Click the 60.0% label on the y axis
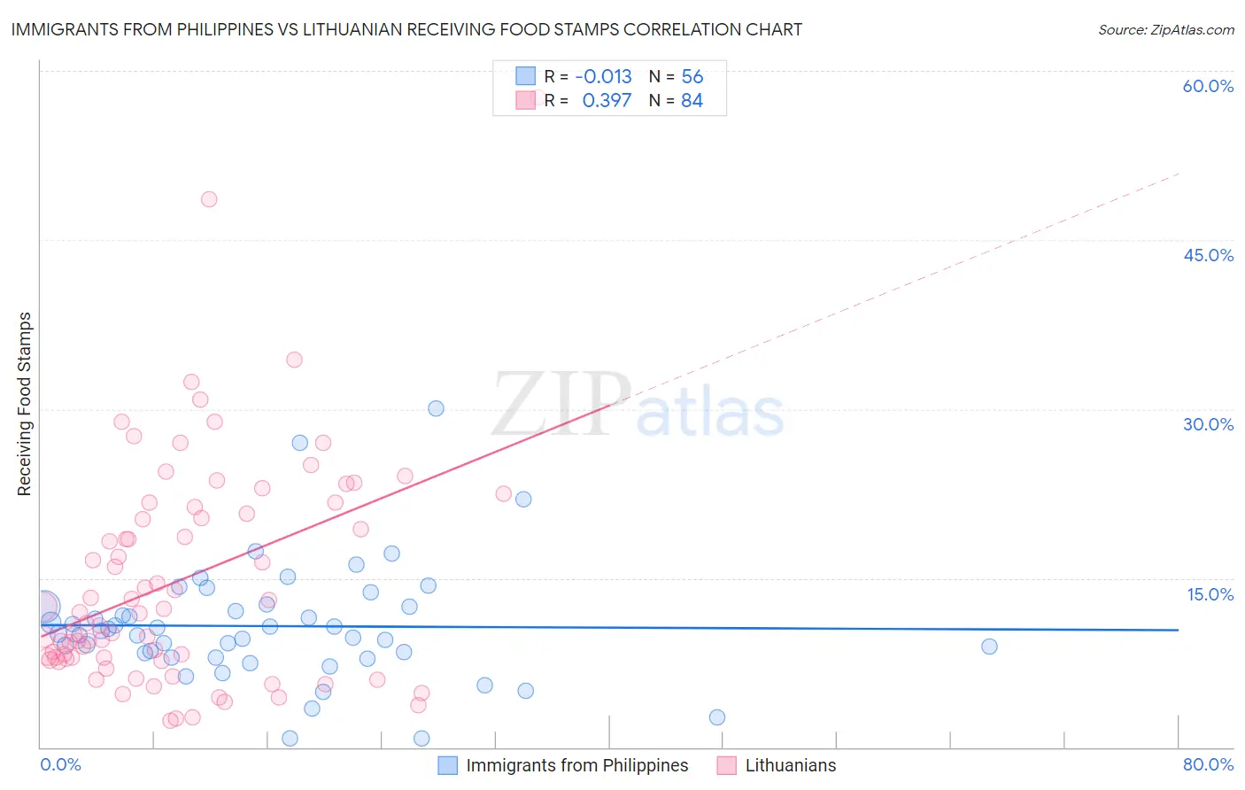pos(1208,86)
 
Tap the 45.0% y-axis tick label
pos(1208,255)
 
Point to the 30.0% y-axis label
pos(1208,424)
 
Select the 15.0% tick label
pos(1210,594)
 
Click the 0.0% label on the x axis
pos(60,764)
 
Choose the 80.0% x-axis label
pos(1208,764)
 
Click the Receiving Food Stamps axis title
pos(25,404)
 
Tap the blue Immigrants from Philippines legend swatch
pos(448,765)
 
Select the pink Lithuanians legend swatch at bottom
pos(727,765)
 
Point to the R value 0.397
pos(607,100)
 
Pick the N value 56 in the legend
pos(692,76)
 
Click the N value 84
pos(692,100)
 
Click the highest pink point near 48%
pos(209,199)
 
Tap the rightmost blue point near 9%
pos(989,647)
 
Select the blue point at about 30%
pos(436,408)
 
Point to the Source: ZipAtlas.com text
pos(1165,29)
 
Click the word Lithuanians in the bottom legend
pos(790,765)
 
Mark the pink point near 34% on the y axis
pos(294,360)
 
